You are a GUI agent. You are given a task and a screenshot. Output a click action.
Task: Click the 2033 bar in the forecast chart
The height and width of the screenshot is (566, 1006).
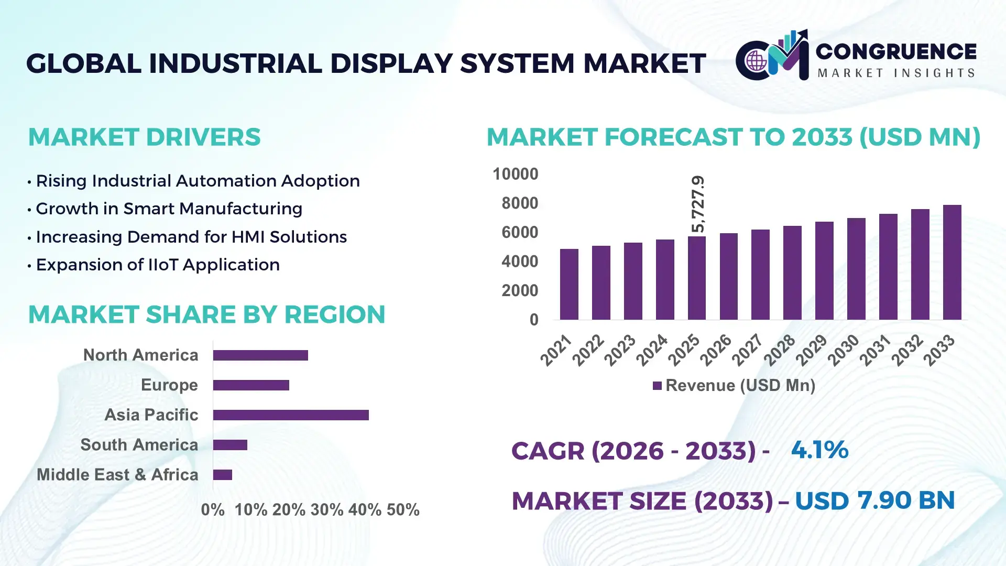[x=952, y=263]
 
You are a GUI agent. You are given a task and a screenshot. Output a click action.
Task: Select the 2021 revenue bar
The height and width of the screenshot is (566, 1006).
[x=569, y=285]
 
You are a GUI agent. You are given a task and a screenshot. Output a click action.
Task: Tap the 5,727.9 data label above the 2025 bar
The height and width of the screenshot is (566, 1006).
[x=698, y=204]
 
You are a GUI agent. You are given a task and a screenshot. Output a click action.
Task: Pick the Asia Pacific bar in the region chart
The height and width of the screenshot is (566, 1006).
[x=291, y=415]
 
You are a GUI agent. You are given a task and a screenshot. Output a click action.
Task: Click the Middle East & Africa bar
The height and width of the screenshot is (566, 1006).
[x=223, y=475]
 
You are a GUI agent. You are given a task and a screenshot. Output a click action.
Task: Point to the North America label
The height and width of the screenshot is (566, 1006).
[x=140, y=355]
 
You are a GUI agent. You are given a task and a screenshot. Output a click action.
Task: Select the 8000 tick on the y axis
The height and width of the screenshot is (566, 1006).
[x=519, y=203]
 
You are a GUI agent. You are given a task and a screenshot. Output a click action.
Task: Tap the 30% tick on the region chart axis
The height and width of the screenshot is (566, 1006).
[x=326, y=509]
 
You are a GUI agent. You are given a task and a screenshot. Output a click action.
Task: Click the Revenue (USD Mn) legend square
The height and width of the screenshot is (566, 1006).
[x=657, y=386]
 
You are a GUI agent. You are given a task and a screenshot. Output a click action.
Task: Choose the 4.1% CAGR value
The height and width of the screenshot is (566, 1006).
[x=819, y=450]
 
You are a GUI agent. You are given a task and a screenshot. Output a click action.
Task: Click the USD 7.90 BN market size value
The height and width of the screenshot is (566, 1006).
[x=874, y=500]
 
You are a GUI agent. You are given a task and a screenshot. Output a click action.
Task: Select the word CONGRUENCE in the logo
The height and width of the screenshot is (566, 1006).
[x=895, y=51]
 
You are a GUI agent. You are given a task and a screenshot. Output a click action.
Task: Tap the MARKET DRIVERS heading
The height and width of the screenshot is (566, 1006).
[x=144, y=137]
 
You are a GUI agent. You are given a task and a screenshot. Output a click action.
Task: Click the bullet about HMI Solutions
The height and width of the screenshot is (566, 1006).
[x=191, y=237]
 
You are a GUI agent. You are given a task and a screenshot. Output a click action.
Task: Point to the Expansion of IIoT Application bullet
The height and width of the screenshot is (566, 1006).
[x=158, y=265]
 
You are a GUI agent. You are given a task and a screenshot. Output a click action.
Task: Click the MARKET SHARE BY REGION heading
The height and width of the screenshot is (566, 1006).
[x=206, y=314]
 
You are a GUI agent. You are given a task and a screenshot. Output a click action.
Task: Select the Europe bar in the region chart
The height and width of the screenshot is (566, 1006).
[x=251, y=385]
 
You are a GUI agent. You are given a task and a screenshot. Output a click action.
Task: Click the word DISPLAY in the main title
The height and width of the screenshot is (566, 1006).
[x=391, y=63]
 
